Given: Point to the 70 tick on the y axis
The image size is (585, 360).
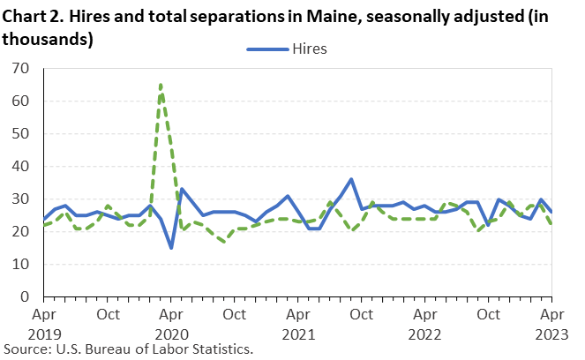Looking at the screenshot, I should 23,69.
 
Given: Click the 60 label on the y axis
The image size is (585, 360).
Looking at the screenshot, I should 23,101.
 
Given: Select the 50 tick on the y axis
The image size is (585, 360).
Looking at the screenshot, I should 23,134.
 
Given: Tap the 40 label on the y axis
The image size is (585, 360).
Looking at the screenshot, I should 23,167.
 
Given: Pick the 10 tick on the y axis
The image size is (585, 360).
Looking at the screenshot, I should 23,265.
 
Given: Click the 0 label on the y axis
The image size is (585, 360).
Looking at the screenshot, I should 26,297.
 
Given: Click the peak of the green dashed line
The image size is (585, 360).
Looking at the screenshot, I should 161,85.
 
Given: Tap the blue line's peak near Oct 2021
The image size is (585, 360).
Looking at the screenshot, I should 351,179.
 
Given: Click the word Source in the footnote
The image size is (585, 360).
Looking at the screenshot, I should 26,349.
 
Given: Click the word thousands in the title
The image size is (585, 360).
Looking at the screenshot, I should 44,39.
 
